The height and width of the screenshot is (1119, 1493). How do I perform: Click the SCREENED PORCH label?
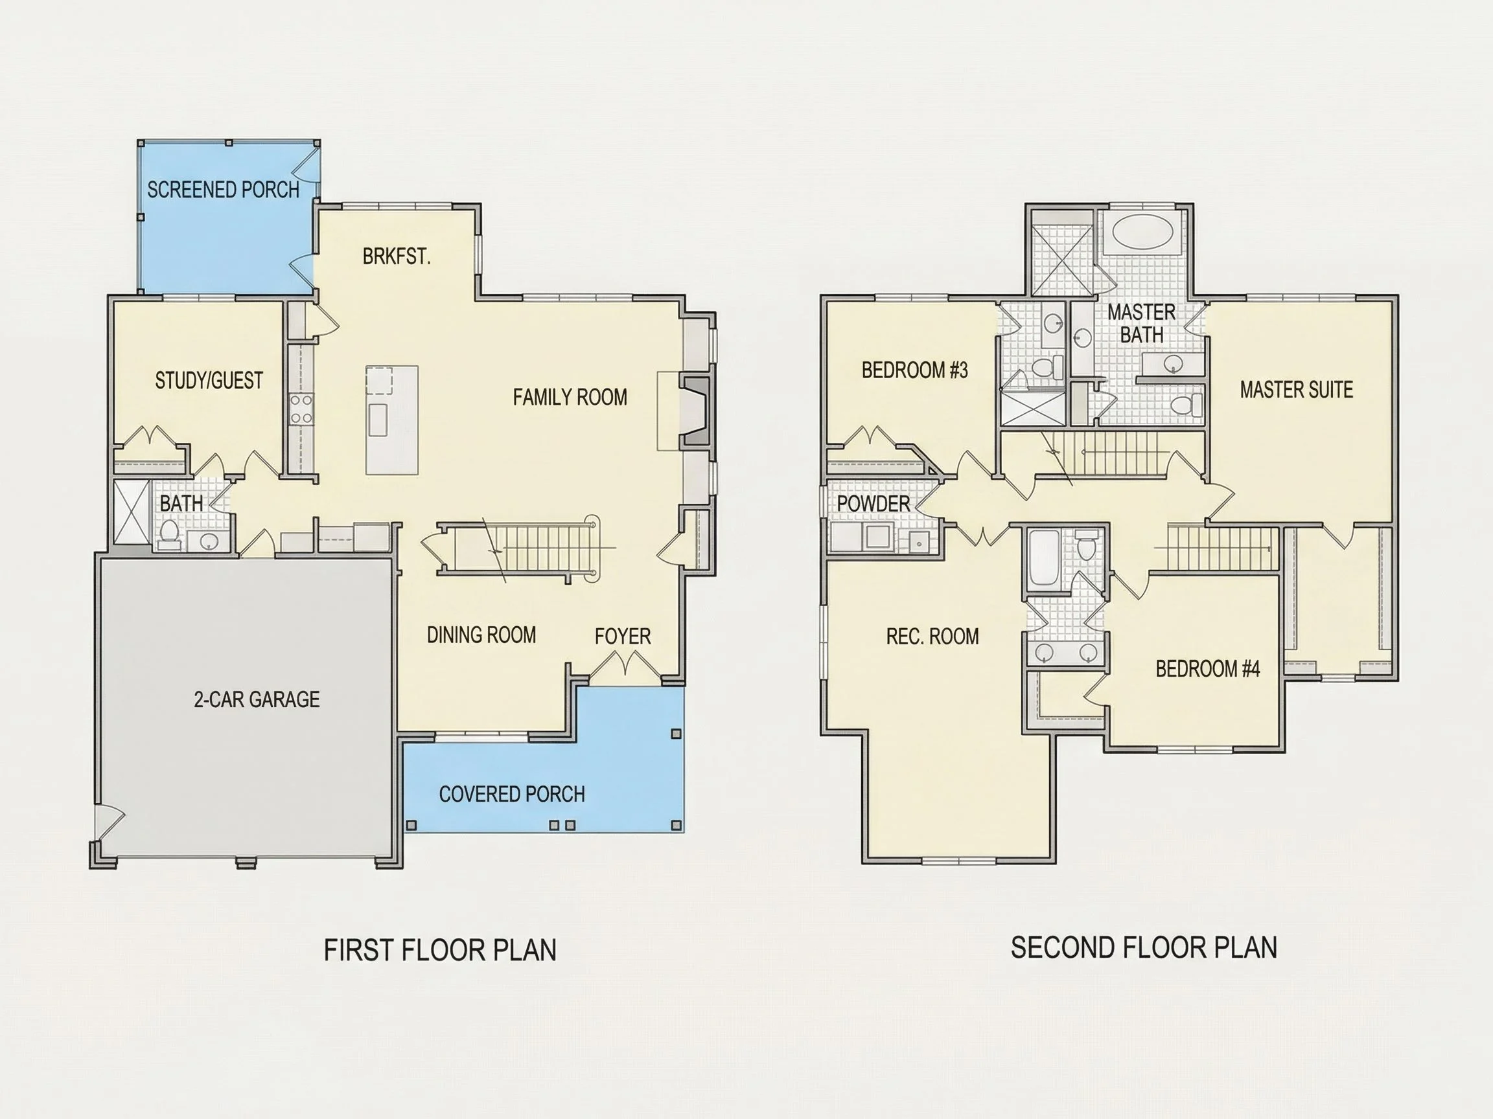coord(223,190)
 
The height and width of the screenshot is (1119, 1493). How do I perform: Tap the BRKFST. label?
coord(396,256)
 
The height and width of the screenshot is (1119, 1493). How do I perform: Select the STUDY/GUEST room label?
coord(209,380)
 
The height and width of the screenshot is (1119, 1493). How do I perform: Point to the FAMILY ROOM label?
coord(570,396)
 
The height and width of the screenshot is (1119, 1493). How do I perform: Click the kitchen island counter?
coord(392,420)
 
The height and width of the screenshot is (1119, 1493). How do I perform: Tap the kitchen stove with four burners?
coord(301,409)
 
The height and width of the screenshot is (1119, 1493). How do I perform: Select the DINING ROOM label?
coord(481,635)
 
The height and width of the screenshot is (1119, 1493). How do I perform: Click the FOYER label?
coord(622,636)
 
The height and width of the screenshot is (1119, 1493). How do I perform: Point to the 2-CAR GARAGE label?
coord(257,699)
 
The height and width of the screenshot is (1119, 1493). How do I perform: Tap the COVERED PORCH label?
coord(512,794)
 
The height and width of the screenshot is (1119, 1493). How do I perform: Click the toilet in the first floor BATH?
coord(168,534)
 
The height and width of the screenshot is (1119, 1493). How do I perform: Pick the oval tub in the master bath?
coord(1142,232)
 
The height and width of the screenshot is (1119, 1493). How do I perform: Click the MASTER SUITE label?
coord(1296,389)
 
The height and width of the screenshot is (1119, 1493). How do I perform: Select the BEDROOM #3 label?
coord(914,370)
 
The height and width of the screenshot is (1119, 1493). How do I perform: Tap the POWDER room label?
coord(874,503)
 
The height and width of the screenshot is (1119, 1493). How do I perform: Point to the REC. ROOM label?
coord(932,636)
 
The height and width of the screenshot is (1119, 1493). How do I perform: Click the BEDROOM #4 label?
coord(1207,668)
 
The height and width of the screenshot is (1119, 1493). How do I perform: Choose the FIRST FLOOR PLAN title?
coord(440,950)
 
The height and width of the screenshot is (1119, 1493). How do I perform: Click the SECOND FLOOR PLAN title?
coord(1143,947)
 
